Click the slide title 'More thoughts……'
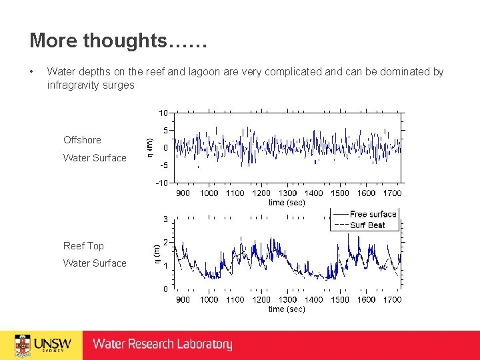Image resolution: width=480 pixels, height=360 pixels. pos(119,41)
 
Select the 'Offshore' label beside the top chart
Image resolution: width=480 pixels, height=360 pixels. pos(82,140)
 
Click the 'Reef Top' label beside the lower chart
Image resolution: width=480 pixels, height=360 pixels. pos(83,246)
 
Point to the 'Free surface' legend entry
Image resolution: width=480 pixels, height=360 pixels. pos(373,214)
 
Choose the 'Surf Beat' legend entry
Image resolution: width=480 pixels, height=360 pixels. pos(367,225)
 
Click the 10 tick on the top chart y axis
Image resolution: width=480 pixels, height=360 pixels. pos(163,113)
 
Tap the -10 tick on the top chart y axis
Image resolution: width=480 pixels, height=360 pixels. pos(161,183)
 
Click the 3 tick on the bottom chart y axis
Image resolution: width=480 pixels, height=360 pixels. pos(165,219)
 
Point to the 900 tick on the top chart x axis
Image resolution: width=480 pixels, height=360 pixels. pos(183,193)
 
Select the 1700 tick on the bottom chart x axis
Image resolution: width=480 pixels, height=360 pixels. pos(392,299)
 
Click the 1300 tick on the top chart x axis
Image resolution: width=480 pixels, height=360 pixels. pos(287,193)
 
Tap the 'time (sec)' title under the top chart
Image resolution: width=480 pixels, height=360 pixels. pos(287,202)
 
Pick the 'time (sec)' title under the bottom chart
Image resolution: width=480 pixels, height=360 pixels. pos(287,309)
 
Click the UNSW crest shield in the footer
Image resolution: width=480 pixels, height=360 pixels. pos(23,345)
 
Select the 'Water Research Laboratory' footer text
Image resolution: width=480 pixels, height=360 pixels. pos(163,345)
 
